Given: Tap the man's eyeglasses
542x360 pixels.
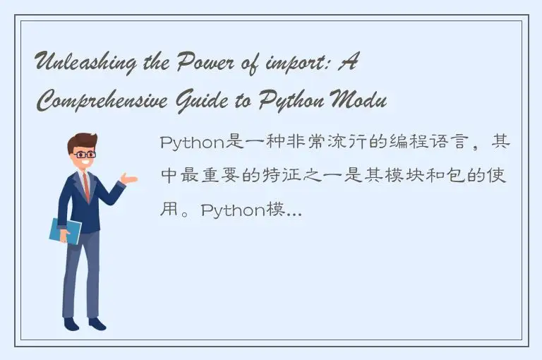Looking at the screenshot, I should click(x=84, y=154).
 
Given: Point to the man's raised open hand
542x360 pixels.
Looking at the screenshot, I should click(x=128, y=179).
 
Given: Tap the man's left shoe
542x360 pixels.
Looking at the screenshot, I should click(x=71, y=324).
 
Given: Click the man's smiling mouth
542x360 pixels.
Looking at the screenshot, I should click(x=85, y=163).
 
